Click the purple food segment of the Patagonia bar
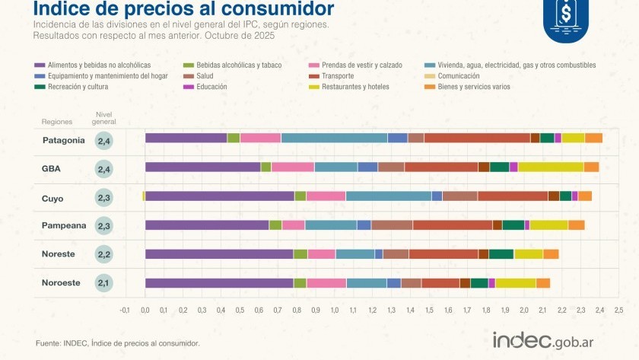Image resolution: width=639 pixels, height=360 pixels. [x=186, y=138]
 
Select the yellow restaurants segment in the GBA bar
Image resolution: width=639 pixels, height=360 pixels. [x=550, y=167]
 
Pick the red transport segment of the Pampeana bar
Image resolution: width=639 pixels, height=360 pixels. [x=452, y=225]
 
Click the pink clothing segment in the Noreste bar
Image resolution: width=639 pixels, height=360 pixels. [x=321, y=253]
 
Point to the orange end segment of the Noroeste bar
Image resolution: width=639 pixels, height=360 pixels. [x=543, y=283]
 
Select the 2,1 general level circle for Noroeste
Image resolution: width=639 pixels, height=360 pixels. [x=104, y=283]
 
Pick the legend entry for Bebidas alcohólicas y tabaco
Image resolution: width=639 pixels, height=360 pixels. [x=233, y=65]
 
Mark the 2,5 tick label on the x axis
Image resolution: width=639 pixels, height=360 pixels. [x=618, y=311]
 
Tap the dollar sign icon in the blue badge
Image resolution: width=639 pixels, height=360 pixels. [x=566, y=13]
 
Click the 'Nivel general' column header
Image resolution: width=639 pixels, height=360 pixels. [x=104, y=117]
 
